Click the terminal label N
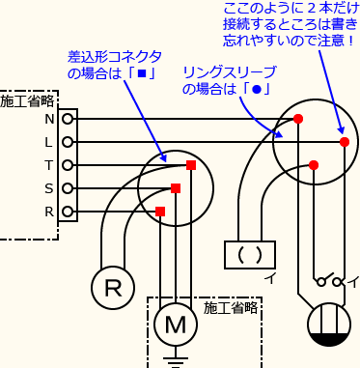click(x=49, y=119)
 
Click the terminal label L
click(x=49, y=142)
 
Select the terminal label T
click(x=49, y=165)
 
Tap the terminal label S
click(x=49, y=188)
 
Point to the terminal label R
click(x=49, y=212)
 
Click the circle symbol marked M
click(x=175, y=325)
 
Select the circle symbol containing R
click(x=114, y=287)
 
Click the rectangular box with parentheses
click(x=249, y=255)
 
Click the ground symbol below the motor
click(x=175, y=361)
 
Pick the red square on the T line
click(x=191, y=165)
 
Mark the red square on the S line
click(x=176, y=188)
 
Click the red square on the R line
click(x=160, y=212)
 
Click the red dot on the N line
click(x=298, y=119)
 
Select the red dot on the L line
click(x=345, y=142)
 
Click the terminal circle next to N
click(x=67, y=119)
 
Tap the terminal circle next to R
click(x=67, y=212)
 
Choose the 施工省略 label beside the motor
click(x=231, y=308)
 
